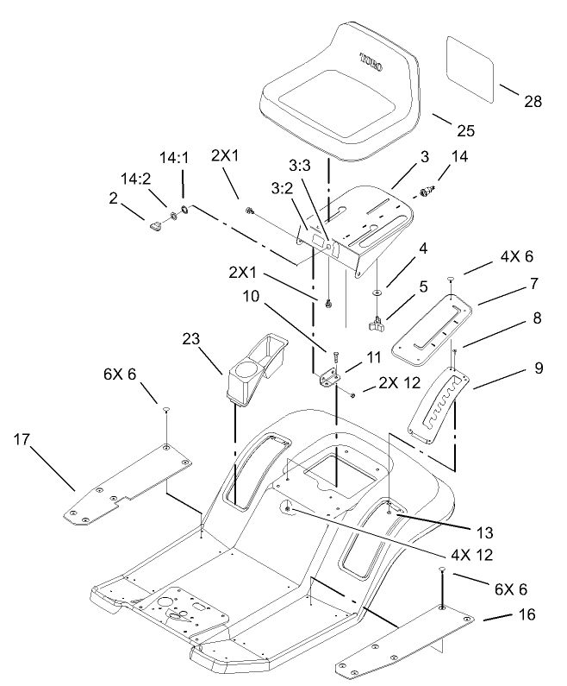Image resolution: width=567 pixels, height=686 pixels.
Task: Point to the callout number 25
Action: tap(465, 131)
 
